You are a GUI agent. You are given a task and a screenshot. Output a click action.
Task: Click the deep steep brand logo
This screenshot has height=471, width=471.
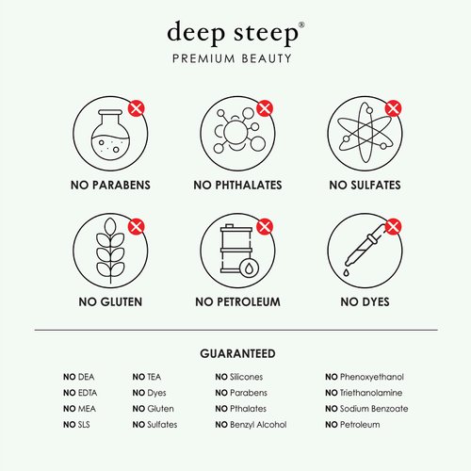coord(236,32)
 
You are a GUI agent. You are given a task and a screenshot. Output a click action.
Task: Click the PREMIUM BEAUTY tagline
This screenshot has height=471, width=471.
coord(236,58)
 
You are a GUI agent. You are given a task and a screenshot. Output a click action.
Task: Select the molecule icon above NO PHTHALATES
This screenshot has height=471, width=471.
coord(236,131)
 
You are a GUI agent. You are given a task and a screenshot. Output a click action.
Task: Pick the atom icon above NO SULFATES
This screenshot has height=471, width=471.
coord(363,131)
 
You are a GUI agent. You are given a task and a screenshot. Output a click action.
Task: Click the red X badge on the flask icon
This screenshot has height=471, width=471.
coord(138,108)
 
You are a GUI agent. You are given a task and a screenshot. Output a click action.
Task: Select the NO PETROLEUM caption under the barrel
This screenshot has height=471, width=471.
coord(237,303)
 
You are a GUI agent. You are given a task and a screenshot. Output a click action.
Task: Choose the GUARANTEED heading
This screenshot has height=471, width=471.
coord(237,354)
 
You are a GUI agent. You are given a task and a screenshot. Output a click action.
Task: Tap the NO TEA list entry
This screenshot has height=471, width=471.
coord(147,377)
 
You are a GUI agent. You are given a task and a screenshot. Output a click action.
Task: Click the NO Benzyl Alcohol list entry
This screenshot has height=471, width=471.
coord(251,425)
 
